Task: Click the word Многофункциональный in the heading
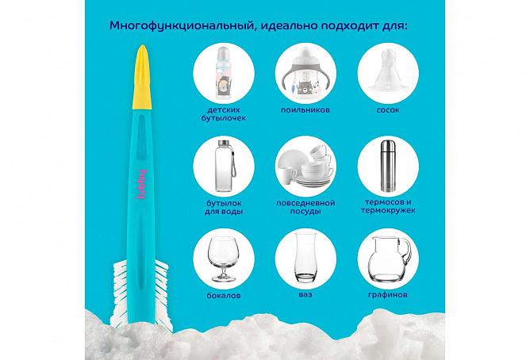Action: coord(182,26)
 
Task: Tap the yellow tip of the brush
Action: coord(142,78)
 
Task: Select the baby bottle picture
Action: coord(223,73)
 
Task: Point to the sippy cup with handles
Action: coord(305,73)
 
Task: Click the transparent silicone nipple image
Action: coord(388,70)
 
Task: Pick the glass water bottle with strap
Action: coord(225,166)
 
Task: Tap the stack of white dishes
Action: coord(305,166)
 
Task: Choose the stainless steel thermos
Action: coord(387,166)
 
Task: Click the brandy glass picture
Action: coord(223,259)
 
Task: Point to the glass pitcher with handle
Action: coord(389,259)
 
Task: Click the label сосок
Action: coord(388,110)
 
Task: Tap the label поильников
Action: coord(305,110)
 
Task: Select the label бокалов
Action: coord(224,296)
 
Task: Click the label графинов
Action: coord(388,295)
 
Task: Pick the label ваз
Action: coord(305,294)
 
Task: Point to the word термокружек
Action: coord(388,210)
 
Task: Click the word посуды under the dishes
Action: coord(305,212)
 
